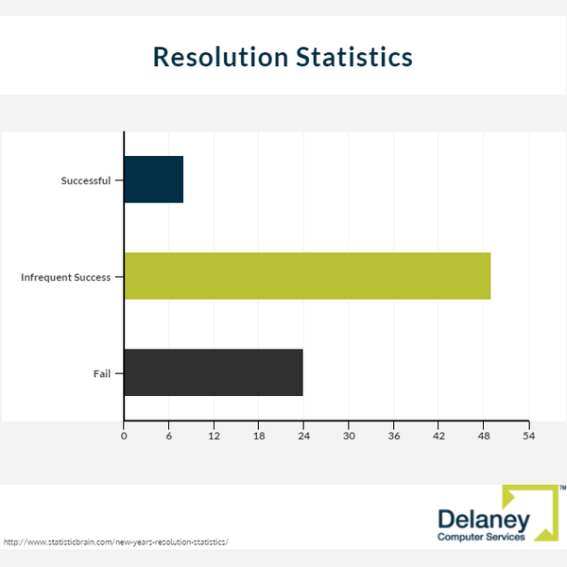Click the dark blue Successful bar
point(154,180)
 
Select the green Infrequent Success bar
point(307,276)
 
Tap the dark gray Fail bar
point(214,372)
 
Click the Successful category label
point(86,180)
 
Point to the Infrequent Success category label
point(66,277)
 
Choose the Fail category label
point(102,373)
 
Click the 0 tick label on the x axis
point(124,436)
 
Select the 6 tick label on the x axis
point(169,436)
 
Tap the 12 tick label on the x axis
point(215,436)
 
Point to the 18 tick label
point(259,436)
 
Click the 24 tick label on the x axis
point(303,436)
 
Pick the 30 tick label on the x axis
point(349,436)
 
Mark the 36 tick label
point(394,436)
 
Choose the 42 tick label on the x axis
point(438,436)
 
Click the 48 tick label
point(484,436)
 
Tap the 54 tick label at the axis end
point(528,436)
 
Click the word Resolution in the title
point(220,57)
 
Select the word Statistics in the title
point(354,57)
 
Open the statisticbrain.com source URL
point(115,542)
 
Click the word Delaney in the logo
point(484,521)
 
